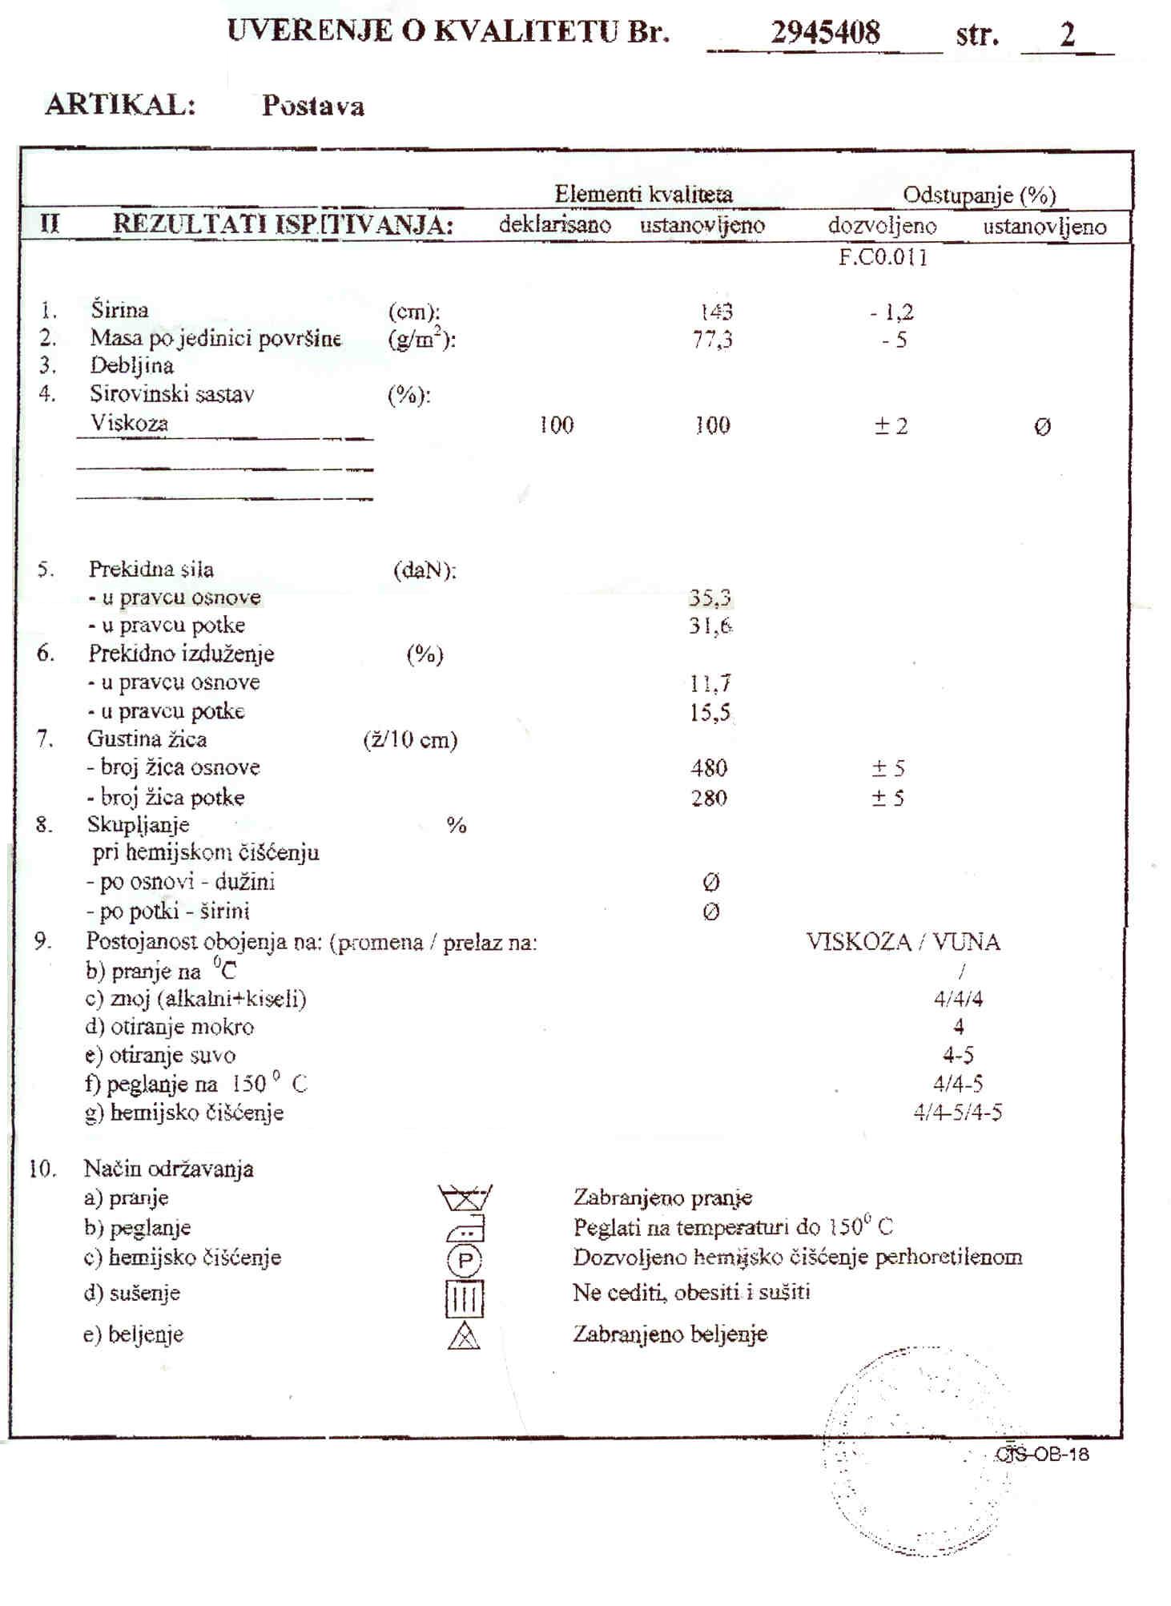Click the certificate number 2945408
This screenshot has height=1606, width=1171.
[825, 34]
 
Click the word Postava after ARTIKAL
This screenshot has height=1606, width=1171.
[312, 106]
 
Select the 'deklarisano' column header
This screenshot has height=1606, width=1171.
[554, 225]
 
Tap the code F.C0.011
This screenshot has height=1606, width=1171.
[883, 258]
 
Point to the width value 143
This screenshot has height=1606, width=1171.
[715, 312]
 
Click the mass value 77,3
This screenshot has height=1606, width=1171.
[712, 340]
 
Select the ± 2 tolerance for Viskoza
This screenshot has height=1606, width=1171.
[891, 426]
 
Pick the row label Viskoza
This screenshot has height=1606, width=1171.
[129, 423]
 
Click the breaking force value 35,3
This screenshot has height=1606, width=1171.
[710, 598]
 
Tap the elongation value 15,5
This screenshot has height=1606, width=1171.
[710, 712]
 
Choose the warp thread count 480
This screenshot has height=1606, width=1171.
[709, 768]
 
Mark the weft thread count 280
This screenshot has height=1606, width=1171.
[709, 798]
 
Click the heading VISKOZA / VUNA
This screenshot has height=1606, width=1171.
[903, 942]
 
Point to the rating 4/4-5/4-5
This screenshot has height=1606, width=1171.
[957, 1113]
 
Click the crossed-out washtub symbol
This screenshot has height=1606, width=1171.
[465, 1198]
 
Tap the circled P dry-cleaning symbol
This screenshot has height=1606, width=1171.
[464, 1261]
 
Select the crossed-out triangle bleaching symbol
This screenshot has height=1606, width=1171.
[464, 1335]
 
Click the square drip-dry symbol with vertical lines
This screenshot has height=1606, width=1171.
[465, 1298]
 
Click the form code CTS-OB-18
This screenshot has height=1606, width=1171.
[1042, 1455]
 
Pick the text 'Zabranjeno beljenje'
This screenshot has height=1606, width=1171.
[670, 1334]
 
